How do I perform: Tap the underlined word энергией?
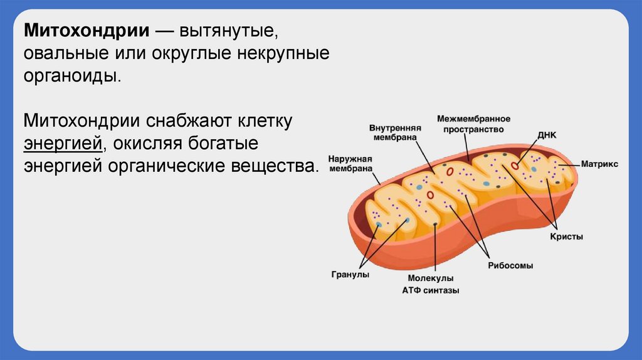pyautogui.click(x=63, y=144)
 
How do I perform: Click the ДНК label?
pyautogui.click(x=547, y=135)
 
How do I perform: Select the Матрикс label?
pyautogui.click(x=599, y=164)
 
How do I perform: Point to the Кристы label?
pyautogui.click(x=566, y=236)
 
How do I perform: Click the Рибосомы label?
pyautogui.click(x=510, y=265)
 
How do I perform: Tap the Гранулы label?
pyautogui.click(x=349, y=275)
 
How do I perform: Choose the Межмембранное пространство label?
pyautogui.click(x=473, y=124)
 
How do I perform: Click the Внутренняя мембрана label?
pyautogui.click(x=393, y=132)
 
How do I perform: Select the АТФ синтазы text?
pyautogui.click(x=430, y=290)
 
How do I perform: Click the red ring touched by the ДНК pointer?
pyautogui.click(x=515, y=166)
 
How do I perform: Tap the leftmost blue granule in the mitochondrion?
pyautogui.click(x=378, y=223)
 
